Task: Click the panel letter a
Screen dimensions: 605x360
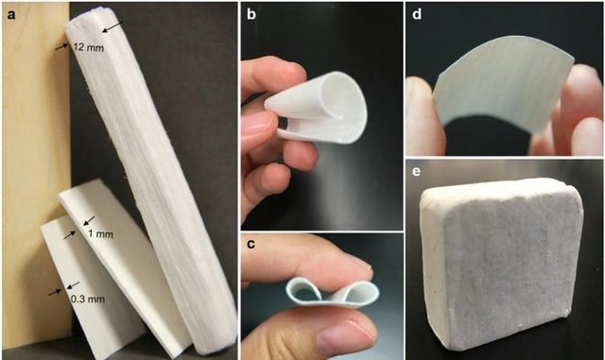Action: (x=11, y=15)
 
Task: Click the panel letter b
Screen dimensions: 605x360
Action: (x=251, y=15)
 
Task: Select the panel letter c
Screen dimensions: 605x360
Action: (x=251, y=244)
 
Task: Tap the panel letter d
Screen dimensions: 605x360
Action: (x=417, y=14)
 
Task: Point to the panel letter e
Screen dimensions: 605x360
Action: (x=416, y=170)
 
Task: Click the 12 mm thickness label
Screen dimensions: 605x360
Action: (x=88, y=48)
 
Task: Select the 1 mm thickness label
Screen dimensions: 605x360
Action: (x=100, y=233)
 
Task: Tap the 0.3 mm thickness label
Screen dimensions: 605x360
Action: (x=88, y=299)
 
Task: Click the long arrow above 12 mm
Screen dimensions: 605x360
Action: (x=112, y=26)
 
